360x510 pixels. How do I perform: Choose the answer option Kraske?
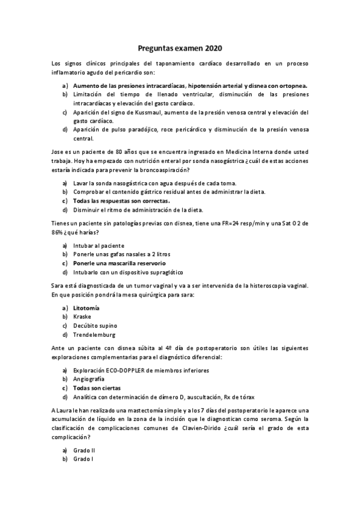(x=82, y=316)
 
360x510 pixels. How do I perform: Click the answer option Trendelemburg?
(x=94, y=334)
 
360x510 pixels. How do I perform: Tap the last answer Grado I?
(x=83, y=459)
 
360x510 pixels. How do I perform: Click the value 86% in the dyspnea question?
(x=58, y=232)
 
